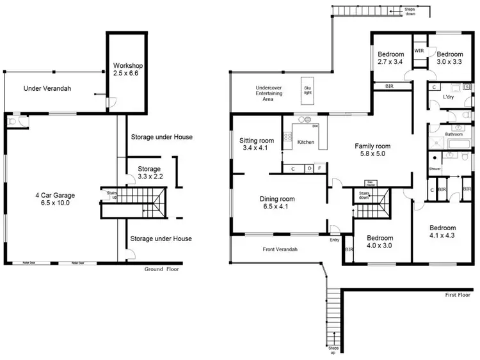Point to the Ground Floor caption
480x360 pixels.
coord(163,269)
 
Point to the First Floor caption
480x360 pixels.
coord(460,296)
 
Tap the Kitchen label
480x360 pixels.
coord(306,142)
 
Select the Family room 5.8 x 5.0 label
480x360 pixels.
coord(372,150)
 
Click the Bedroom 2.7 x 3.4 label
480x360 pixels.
coord(389,58)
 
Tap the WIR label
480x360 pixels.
coord(420,51)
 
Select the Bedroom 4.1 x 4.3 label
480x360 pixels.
coord(442,232)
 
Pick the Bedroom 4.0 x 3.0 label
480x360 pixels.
coord(379,241)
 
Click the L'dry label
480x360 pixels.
coord(449,98)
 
